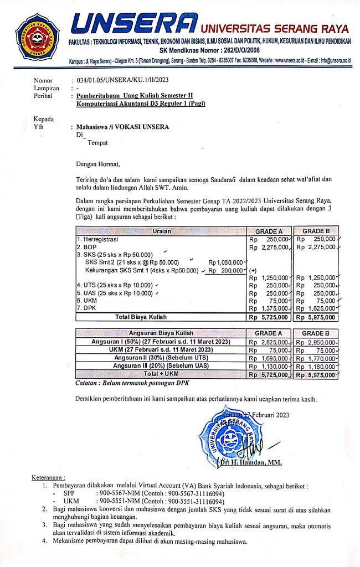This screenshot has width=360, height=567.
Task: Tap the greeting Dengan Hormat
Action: [98, 164]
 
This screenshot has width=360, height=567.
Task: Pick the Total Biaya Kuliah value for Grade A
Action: [269, 317]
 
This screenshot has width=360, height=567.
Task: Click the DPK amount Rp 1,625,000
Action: [316, 308]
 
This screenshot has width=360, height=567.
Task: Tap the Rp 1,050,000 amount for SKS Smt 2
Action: [225, 262]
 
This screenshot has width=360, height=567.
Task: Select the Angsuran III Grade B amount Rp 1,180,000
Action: [316, 366]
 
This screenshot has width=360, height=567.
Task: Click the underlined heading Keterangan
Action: [48, 478]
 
